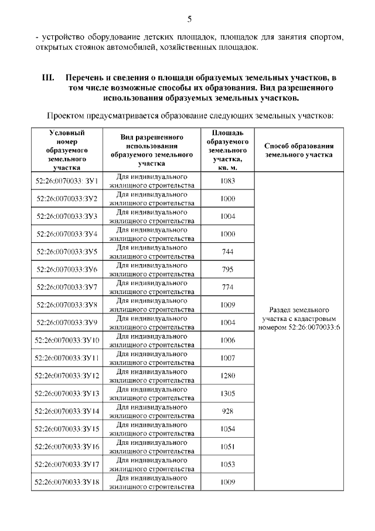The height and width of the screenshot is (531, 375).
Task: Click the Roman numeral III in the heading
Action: click(47, 77)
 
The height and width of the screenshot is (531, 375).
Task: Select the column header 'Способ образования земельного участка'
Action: click(299, 150)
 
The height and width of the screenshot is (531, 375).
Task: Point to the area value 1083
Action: click(228, 181)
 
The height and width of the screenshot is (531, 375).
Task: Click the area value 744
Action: click(228, 252)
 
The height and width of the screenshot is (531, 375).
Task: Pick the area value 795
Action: click(228, 269)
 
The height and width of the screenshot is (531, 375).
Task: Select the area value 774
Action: click(228, 287)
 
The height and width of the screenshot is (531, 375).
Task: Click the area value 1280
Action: click(228, 376)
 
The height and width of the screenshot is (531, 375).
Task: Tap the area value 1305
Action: click(228, 393)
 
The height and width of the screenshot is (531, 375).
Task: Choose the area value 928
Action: click(228, 411)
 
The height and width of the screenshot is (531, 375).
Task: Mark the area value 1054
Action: click(228, 429)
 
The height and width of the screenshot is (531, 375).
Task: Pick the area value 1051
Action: click(228, 447)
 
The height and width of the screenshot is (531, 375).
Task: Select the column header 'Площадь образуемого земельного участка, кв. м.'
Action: click(228, 150)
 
